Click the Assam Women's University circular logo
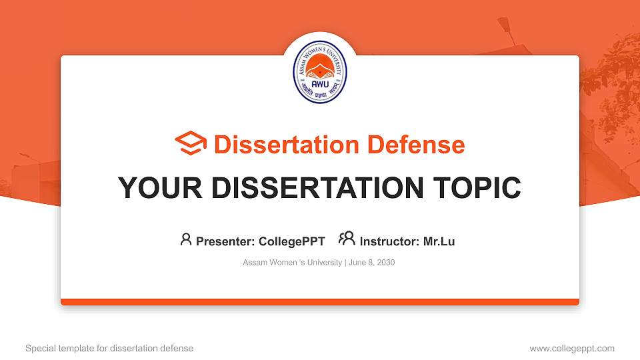click(x=320, y=74)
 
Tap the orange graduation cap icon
click(x=191, y=144)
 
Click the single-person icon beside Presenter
click(x=186, y=239)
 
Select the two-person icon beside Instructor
click(x=347, y=239)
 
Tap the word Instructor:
click(x=390, y=241)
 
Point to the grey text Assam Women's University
click(x=292, y=263)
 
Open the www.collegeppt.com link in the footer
click(x=572, y=348)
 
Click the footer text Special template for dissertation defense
click(x=109, y=348)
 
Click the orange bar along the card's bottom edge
click(x=320, y=302)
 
